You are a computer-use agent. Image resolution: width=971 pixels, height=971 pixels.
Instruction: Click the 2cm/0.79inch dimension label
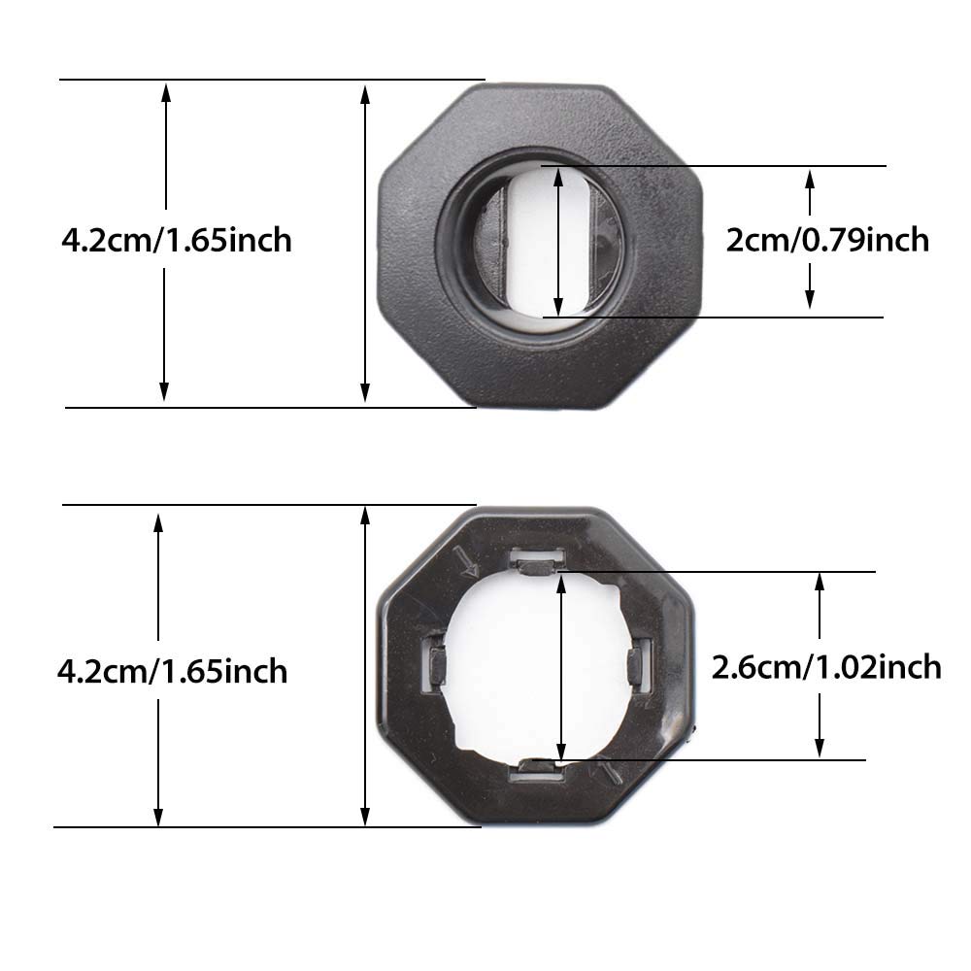tap(827, 239)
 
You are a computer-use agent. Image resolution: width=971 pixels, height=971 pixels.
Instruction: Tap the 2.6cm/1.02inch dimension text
tap(826, 667)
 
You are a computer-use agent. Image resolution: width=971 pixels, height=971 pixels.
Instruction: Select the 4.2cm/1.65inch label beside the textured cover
tap(176, 239)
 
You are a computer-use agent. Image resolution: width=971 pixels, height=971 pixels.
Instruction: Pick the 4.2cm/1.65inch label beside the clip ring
tap(173, 670)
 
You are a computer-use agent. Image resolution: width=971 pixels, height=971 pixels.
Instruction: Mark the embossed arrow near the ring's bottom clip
tap(611, 772)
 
